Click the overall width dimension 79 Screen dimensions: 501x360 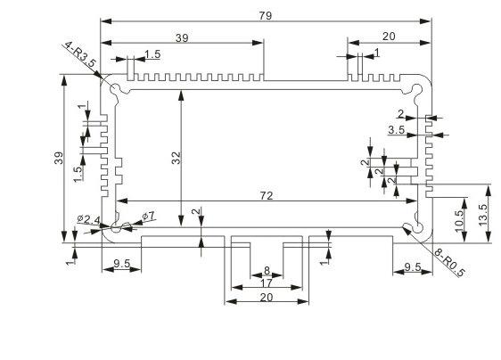266,16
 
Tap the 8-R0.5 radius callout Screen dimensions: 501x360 450,262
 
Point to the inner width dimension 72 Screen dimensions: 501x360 267,195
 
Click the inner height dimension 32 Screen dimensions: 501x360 176,158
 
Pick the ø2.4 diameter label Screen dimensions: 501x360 88,219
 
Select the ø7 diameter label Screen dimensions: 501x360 148,217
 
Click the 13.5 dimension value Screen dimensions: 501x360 483,215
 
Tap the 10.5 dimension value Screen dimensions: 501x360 459,221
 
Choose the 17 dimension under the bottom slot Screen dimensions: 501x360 267,283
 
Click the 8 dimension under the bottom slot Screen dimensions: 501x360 267,271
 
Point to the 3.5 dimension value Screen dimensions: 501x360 397,130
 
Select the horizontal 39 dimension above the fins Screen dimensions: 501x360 182,38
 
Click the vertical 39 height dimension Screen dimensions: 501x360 59,158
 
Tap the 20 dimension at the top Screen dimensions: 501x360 389,37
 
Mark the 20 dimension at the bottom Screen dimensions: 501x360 267,298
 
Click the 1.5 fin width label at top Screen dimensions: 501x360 152,54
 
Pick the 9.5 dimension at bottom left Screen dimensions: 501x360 122,264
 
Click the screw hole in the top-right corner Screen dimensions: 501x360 416,89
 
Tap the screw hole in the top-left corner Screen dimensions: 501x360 115,88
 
